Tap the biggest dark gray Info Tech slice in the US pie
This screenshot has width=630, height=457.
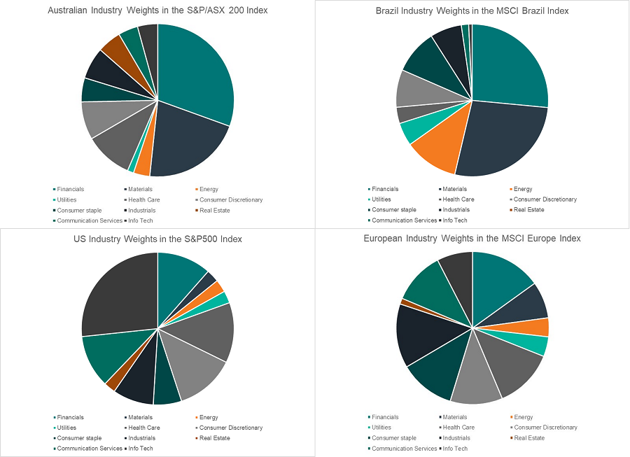pyautogui.click(x=119, y=294)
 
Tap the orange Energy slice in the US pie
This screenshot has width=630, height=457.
pyautogui.click(x=218, y=288)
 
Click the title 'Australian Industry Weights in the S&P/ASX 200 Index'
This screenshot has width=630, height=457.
pyautogui.click(x=157, y=10)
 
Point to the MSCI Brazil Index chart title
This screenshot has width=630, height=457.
pyautogui.click(x=472, y=10)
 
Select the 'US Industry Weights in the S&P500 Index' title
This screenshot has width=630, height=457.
pyautogui.click(x=157, y=239)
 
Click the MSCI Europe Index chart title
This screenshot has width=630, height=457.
pyautogui.click(x=472, y=239)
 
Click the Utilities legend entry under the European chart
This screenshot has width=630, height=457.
pyautogui.click(x=381, y=428)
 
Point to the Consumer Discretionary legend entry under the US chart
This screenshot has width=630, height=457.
pyautogui.click(x=231, y=428)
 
